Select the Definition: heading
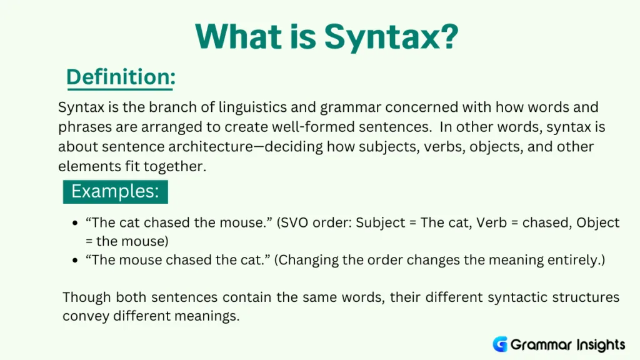(121, 77)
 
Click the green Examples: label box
(115, 191)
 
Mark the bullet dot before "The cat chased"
(75, 224)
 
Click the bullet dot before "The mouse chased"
(75, 260)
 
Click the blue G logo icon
(499, 344)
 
